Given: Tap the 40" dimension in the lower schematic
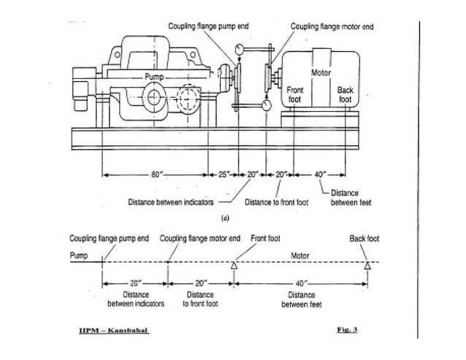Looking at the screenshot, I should click(301, 281).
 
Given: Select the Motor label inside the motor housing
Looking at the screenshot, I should click(321, 73).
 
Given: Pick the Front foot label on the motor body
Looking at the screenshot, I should click(296, 94).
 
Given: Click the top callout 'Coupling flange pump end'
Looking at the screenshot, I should click(209, 26).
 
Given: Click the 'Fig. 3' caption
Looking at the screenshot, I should click(346, 330).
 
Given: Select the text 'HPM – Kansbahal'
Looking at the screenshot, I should click(113, 330).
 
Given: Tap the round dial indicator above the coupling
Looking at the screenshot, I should click(239, 51).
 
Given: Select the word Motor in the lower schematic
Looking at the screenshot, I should click(301, 256).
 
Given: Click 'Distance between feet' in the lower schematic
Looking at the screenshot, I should click(301, 299).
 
